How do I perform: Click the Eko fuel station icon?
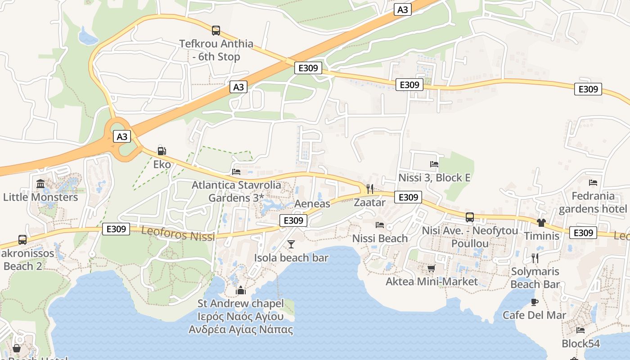pos(162,151)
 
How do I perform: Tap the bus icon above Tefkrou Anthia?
pos(216,31)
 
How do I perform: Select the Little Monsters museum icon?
pos(40,184)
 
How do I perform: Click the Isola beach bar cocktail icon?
pos(291,244)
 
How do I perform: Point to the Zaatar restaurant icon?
pos(370,189)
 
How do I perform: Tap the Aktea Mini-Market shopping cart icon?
pos(431,269)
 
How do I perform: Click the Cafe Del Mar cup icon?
pos(535,302)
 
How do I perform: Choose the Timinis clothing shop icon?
pos(541,223)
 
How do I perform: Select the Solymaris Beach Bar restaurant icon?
pos(535,258)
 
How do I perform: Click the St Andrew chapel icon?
pos(241,290)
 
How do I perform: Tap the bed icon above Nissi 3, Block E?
pos(434,165)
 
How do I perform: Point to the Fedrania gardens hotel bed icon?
pos(593,183)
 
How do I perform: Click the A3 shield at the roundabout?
pos(122,136)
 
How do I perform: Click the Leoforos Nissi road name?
pos(178,233)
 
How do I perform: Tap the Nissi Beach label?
pos(380,238)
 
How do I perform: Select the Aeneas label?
pos(312,203)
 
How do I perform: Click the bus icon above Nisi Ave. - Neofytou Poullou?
pos(470,217)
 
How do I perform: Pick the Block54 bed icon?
pos(580,330)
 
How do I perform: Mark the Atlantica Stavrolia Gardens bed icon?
pos(236,171)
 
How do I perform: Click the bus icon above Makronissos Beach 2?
pos(22,240)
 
